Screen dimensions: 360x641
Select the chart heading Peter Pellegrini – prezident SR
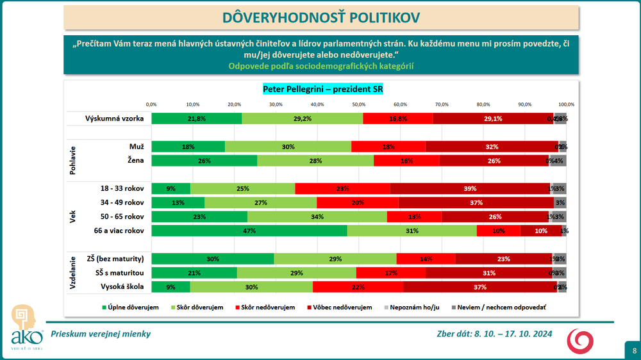click(x=322, y=89)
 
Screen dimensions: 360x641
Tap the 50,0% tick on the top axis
click(x=358, y=104)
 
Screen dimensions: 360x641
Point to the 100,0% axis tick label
click(x=565, y=104)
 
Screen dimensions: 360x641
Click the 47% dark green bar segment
click(x=249, y=231)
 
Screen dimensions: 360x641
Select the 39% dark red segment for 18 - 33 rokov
click(x=470, y=188)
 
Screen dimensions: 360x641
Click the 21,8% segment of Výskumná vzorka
click(x=197, y=119)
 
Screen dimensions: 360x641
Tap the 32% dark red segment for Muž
click(x=492, y=147)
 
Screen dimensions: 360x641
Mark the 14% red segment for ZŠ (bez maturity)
click(x=426, y=259)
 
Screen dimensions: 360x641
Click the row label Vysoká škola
click(x=121, y=287)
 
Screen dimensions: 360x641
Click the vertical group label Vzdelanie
click(x=72, y=273)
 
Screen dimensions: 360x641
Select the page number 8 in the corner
click(x=634, y=350)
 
